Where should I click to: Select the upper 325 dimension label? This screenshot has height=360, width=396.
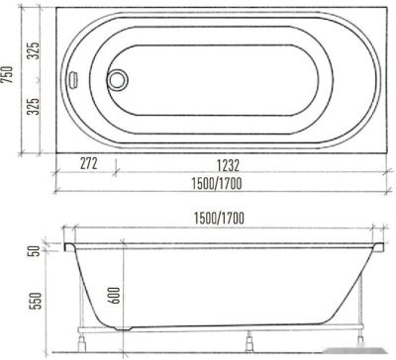tap(33, 50)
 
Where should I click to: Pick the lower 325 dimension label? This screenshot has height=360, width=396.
tap(33, 106)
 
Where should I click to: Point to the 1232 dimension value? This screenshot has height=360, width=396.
tap(228, 165)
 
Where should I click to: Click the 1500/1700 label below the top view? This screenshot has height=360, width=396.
tap(217, 184)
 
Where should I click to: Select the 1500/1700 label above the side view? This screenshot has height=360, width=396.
tap(219, 219)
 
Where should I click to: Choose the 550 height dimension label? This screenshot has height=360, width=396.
tap(37, 300)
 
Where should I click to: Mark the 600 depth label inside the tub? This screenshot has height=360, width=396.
tap(114, 295)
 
